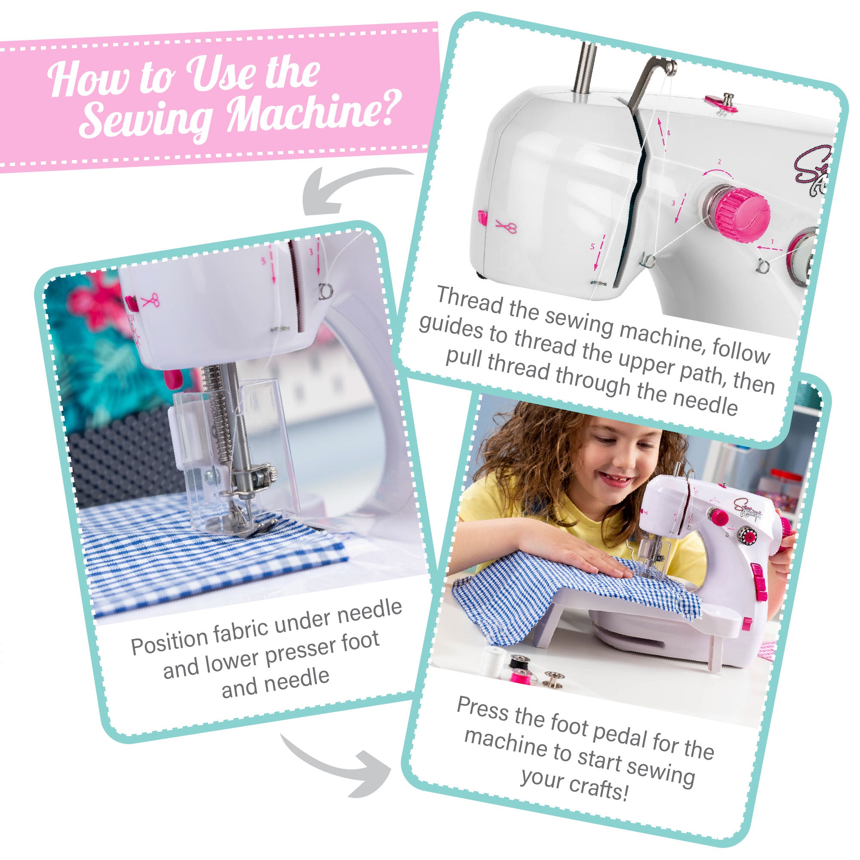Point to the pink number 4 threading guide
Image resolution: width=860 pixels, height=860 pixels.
click(668, 132)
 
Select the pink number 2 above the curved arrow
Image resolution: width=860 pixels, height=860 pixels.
click(719, 163)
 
